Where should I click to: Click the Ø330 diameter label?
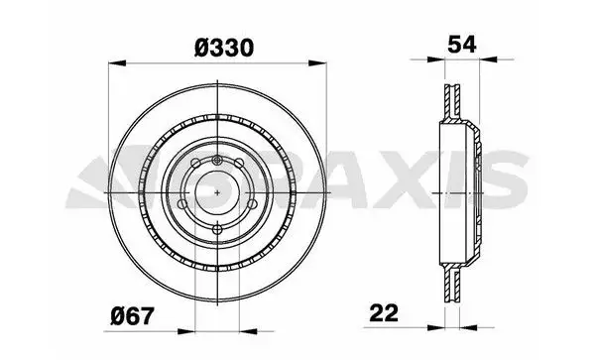[223, 48]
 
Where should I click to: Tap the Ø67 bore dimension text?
[133, 316]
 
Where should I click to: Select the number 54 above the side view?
[461, 45]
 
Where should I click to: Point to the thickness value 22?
[384, 313]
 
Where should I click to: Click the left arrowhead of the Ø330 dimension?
[117, 62]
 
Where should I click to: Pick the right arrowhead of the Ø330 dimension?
[317, 62]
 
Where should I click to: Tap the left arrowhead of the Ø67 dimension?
[186, 331]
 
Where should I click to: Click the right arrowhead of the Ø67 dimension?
[248, 331]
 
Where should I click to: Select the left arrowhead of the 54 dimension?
[435, 60]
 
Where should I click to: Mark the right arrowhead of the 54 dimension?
[488, 60]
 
